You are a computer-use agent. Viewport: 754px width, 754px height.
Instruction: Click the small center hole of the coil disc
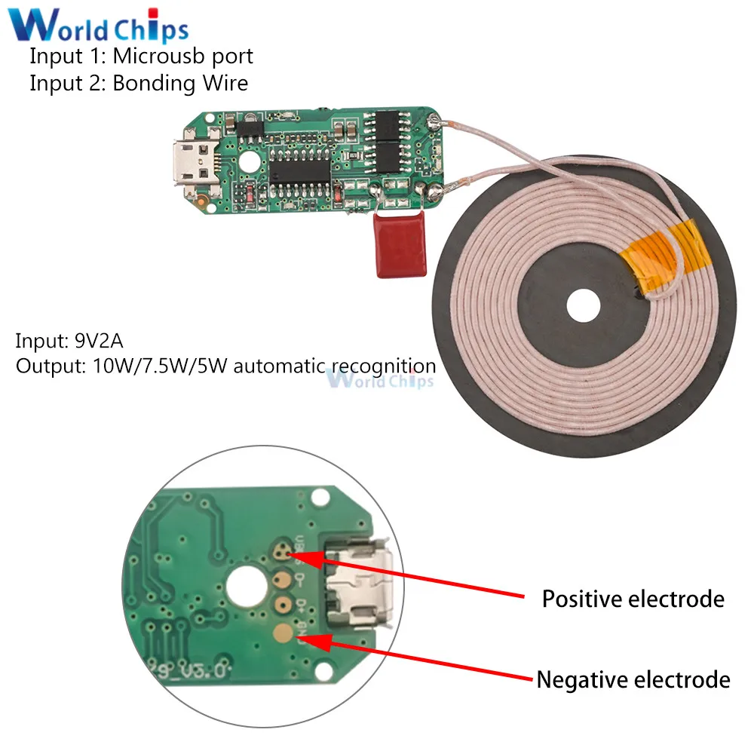584,306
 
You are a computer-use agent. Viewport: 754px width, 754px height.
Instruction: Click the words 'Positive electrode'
633,599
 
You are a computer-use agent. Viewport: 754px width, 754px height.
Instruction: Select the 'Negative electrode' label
633,679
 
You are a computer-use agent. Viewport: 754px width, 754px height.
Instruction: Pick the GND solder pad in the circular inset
283,632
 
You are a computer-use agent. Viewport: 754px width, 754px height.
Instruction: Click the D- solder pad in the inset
283,580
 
